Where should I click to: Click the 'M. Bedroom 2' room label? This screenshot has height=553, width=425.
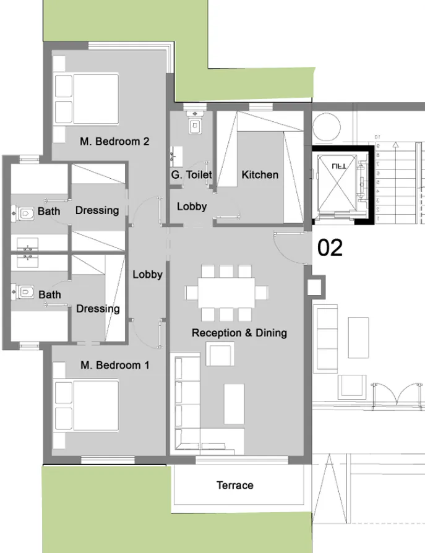coord(114,141)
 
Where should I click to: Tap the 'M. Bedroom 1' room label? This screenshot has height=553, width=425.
coord(114,365)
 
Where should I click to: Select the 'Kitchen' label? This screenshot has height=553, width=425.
coord(260,174)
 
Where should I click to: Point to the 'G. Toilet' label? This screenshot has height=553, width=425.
coord(192,175)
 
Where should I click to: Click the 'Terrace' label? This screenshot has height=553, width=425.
coord(235,485)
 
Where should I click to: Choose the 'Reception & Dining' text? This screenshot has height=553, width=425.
coord(239,333)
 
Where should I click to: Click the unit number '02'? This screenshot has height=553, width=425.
coord(330,248)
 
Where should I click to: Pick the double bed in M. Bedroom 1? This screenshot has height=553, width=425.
coord(87,405)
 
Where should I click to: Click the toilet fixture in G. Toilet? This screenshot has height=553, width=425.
coord(195,126)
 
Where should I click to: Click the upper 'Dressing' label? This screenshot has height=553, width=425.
coord(97,210)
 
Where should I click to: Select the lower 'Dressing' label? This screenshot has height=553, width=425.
coord(97,309)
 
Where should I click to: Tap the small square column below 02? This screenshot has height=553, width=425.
coord(315,286)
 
